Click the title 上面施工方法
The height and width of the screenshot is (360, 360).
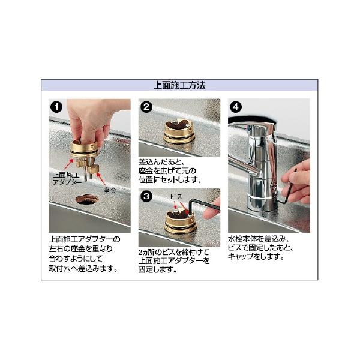[179, 85]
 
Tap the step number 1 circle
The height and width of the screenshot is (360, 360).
[56, 107]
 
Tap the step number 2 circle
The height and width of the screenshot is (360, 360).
[146, 107]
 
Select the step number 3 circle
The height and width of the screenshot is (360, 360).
[146, 196]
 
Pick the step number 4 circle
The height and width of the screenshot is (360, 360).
[236, 107]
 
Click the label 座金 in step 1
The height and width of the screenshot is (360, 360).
[110, 190]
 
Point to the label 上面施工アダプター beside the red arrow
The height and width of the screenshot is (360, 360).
[67, 179]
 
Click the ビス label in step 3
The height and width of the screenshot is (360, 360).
[176, 197]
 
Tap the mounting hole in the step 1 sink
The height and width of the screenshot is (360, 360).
[87, 199]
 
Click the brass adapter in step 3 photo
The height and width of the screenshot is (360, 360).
[180, 221]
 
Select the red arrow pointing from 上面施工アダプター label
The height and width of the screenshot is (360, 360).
[69, 164]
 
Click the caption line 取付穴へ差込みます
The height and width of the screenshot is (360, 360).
[83, 268]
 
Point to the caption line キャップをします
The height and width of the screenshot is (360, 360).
[256, 256]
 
